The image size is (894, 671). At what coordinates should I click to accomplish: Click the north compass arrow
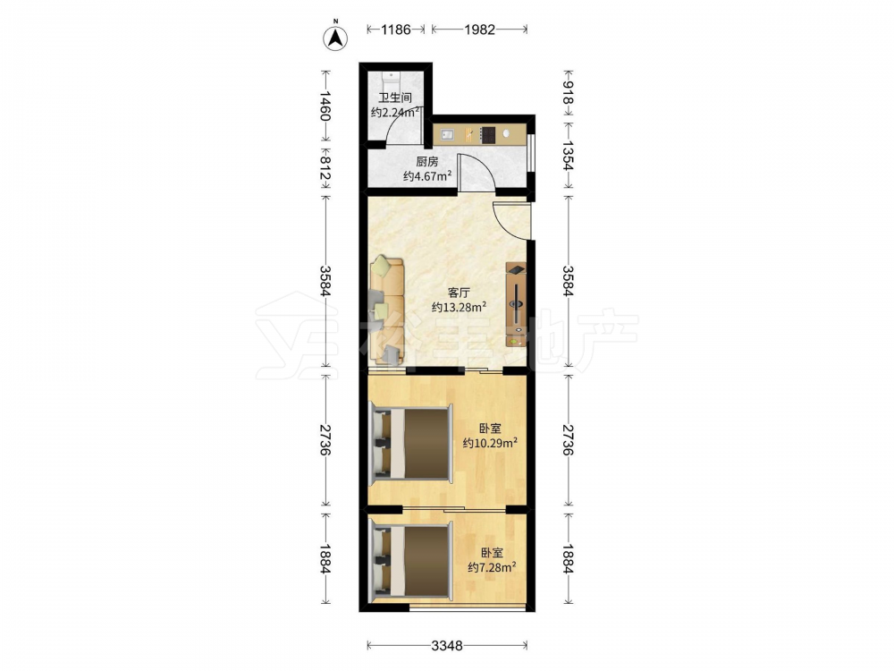point(336,38)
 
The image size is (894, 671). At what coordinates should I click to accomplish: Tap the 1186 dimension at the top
point(396,30)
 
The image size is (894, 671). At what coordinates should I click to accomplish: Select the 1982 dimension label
point(479,30)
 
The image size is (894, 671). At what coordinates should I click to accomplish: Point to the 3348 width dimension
point(446,645)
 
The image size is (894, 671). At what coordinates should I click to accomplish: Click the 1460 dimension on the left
point(325,106)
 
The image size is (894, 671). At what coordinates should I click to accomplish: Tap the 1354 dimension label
point(568,155)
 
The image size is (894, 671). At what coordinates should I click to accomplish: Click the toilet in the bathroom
point(392,78)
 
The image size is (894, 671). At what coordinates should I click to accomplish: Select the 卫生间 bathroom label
point(395,98)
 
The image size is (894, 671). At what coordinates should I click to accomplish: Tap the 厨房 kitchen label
point(427,162)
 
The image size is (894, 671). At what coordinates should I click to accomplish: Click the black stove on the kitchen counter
point(487,134)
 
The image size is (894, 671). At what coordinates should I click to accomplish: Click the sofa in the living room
point(388,311)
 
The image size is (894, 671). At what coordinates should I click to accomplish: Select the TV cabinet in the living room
point(516,305)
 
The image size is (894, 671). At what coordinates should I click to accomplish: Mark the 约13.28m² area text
point(459,307)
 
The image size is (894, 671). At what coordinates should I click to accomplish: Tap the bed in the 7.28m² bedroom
point(410,562)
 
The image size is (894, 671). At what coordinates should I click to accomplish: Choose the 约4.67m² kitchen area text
point(427,176)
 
